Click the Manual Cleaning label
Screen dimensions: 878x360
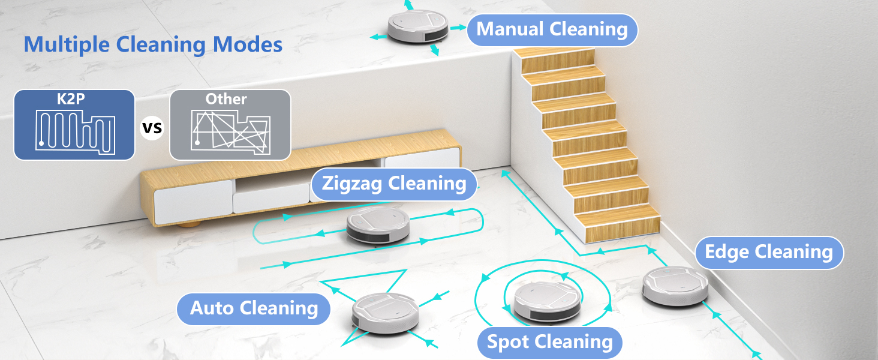(552, 29)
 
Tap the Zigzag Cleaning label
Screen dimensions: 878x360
(394, 183)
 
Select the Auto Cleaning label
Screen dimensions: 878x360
(254, 308)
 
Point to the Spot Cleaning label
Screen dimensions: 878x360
(549, 342)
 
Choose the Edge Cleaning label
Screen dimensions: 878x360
(769, 252)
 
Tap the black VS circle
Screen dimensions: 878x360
(152, 128)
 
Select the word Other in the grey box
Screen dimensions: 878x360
(226, 99)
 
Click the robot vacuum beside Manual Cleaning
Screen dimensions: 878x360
(417, 26)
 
